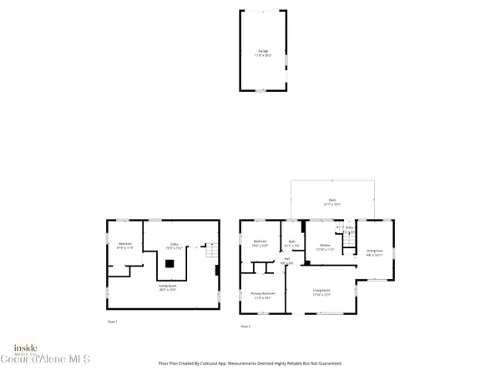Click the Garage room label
[262, 52]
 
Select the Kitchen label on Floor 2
[325, 247]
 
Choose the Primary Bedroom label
[263, 295]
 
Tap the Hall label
[286, 262]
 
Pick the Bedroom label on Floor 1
[124, 246]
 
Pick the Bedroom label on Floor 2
[260, 245]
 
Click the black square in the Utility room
[170, 263]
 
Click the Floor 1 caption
[112, 321]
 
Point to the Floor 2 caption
[245, 325]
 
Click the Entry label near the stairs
[349, 227]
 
